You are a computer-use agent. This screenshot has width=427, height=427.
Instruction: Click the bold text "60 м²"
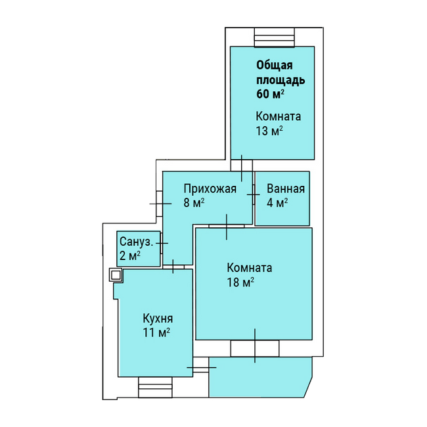[270, 94]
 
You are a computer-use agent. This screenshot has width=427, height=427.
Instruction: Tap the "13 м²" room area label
[269, 131]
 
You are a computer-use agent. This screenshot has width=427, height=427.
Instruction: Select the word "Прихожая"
[210, 189]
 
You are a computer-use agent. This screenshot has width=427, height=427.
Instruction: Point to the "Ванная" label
[286, 189]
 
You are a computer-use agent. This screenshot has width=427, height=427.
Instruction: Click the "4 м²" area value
[277, 203]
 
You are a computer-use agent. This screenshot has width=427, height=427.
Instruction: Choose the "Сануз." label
[136, 242]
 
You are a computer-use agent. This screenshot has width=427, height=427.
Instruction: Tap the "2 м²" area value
[130, 256]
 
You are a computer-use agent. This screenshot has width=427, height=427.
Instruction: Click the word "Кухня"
[158, 319]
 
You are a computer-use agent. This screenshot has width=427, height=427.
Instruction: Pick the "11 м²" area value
[156, 332]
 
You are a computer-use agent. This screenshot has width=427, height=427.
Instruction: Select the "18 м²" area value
[240, 282]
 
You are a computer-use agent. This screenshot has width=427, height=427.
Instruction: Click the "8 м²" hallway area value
[194, 203]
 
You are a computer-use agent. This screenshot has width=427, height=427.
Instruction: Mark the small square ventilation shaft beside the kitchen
[116, 275]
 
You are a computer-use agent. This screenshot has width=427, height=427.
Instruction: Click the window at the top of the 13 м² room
[275, 37]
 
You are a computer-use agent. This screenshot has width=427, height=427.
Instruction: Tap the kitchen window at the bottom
[155, 387]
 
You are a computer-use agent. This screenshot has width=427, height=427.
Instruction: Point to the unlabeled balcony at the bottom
[261, 377]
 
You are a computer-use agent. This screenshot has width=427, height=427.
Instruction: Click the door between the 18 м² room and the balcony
[255, 348]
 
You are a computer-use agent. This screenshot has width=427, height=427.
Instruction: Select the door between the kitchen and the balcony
[201, 367]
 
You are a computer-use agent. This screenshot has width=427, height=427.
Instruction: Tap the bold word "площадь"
[281, 80]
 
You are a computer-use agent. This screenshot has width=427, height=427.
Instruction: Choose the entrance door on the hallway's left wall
[160, 204]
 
